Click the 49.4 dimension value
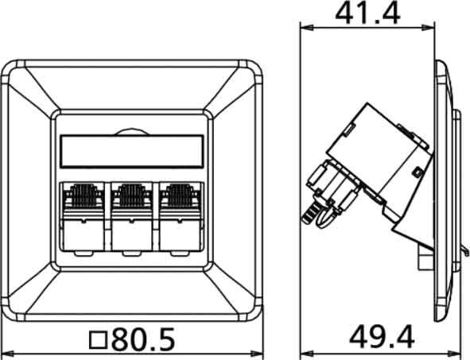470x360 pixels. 381,339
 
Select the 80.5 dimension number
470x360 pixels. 143,340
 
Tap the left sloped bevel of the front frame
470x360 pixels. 29,191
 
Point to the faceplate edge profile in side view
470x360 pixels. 441,191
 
